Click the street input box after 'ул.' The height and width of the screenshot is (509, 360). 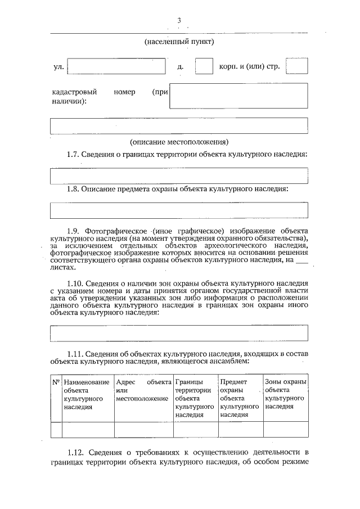[116, 66]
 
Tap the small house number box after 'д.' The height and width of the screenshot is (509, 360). [204, 66]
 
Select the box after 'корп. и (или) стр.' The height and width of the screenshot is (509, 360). [296, 66]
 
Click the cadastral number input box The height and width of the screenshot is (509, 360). [238, 96]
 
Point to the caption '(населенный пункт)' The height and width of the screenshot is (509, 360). [179, 42]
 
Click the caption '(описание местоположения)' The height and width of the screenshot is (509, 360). [179, 142]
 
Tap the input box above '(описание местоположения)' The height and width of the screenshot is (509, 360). [179, 125]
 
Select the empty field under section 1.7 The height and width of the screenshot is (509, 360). [179, 175]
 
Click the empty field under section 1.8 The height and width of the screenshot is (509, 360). [179, 210]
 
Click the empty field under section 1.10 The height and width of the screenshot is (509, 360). [179, 333]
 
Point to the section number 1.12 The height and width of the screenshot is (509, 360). [75, 452]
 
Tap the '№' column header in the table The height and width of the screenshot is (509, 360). [56, 382]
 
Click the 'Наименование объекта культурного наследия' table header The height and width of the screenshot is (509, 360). [87, 394]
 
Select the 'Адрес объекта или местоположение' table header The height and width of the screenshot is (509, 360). [143, 390]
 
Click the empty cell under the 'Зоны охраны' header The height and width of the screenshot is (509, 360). [285, 429]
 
